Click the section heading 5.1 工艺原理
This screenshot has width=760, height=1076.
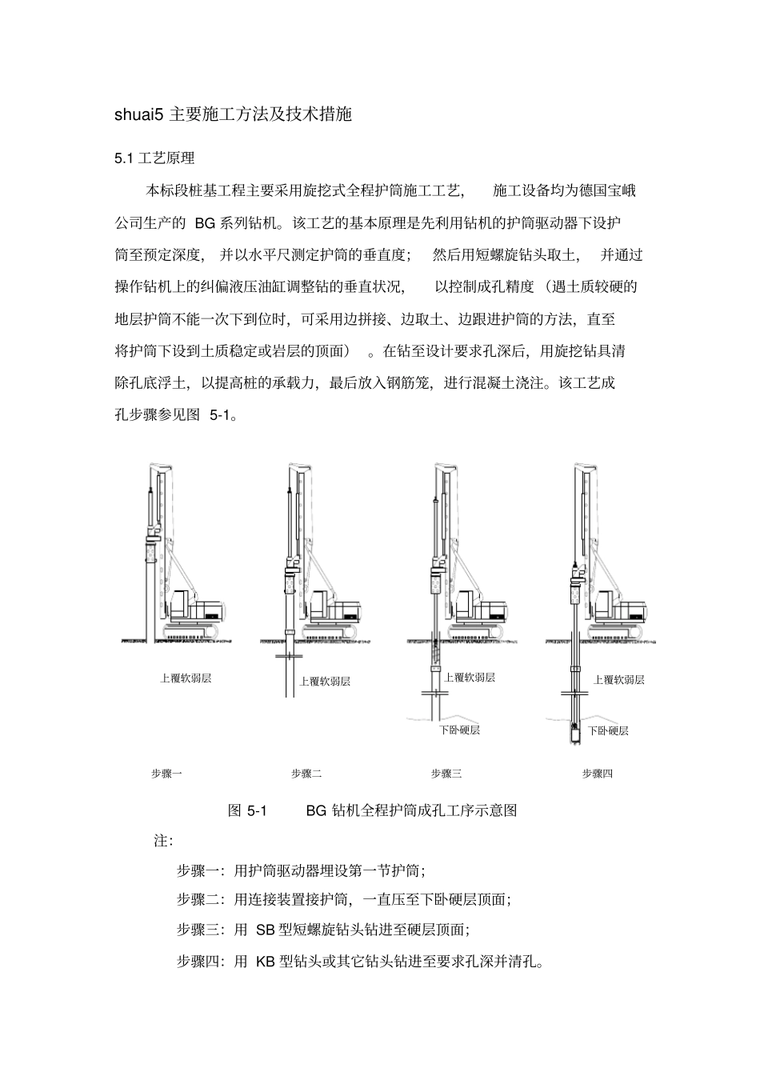(x=154, y=158)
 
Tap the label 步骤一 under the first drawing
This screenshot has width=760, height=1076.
(x=166, y=774)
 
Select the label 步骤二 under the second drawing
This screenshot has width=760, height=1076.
(x=306, y=774)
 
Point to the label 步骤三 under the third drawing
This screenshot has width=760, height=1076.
(x=446, y=774)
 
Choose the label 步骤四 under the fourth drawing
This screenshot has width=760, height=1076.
(x=597, y=774)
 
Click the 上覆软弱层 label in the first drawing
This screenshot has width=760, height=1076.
(x=186, y=678)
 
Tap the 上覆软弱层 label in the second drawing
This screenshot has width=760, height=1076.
(x=325, y=682)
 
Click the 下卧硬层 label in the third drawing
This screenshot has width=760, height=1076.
(x=459, y=730)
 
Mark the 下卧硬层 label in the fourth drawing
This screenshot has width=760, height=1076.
(x=608, y=730)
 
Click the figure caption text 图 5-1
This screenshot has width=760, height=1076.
(x=246, y=810)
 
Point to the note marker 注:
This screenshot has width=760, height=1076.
(x=163, y=841)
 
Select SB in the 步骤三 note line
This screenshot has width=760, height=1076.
(x=266, y=930)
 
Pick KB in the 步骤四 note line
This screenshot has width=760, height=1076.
(x=266, y=962)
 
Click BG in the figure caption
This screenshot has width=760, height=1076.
(x=316, y=810)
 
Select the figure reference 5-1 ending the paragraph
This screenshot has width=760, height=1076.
(x=220, y=415)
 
